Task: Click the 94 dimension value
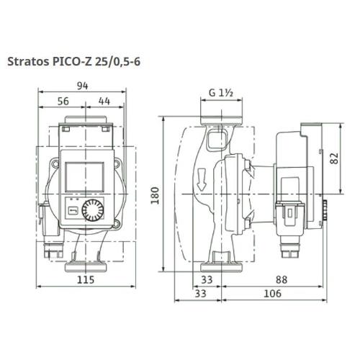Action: (83, 86)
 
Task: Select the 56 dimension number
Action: (63, 102)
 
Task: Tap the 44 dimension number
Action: (104, 102)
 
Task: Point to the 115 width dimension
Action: (86, 280)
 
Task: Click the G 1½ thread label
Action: (221, 93)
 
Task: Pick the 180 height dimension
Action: (155, 195)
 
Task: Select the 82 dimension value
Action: (334, 158)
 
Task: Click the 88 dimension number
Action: (282, 280)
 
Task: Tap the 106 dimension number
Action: (272, 294)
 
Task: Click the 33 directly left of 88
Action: (207, 280)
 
